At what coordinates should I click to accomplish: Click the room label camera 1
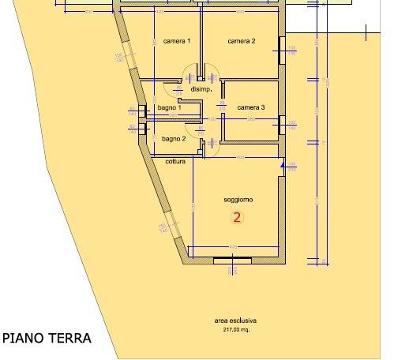click(176, 40)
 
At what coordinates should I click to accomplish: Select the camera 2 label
click(242, 40)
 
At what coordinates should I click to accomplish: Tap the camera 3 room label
click(250, 107)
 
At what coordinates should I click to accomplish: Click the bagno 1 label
click(169, 107)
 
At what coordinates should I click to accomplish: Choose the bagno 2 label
click(173, 138)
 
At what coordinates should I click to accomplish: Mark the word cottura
click(175, 162)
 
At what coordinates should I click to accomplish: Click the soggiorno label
click(238, 201)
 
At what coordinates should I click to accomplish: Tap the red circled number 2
click(235, 216)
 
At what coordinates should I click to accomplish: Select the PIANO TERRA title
click(47, 339)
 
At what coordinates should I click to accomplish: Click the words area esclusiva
click(235, 321)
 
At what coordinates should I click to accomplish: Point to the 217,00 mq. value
click(235, 330)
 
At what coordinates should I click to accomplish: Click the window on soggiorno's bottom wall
click(233, 259)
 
